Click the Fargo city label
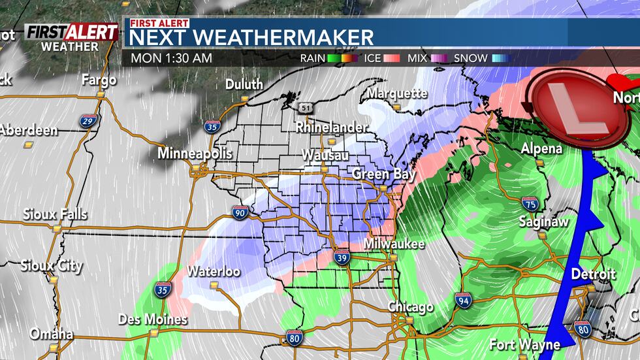(99, 80)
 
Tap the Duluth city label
(244, 84)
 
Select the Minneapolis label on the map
(195, 154)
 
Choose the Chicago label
(410, 306)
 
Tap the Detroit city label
(593, 274)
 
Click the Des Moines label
(153, 319)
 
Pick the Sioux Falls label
(55, 214)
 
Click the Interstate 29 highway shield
(89, 120)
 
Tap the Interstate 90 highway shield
(239, 212)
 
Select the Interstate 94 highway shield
(462, 300)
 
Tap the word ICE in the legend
(372, 58)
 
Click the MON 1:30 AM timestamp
(171, 58)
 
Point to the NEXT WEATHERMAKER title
(251, 37)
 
